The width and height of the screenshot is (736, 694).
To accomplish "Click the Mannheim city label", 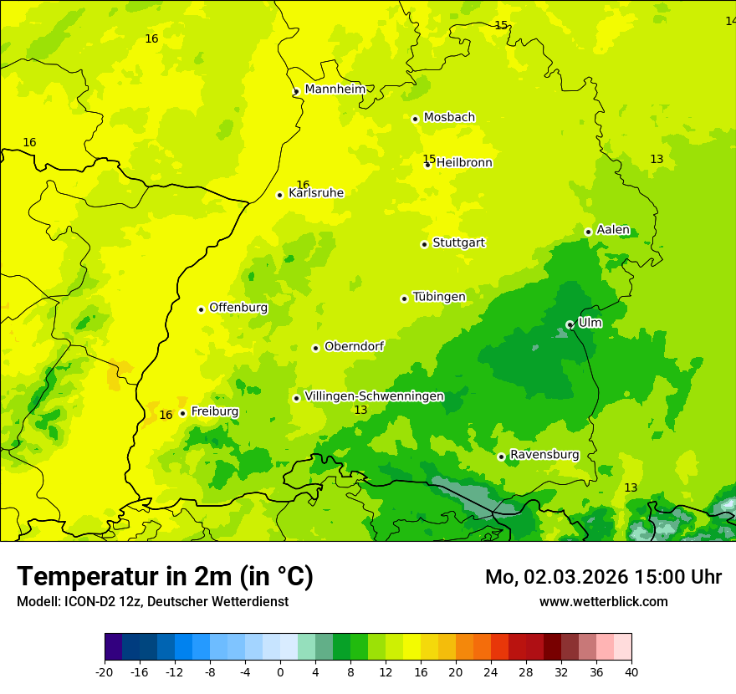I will [335, 89].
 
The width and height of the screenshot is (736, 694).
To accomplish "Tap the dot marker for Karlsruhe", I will [280, 195].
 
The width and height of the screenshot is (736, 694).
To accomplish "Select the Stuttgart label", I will [458, 242].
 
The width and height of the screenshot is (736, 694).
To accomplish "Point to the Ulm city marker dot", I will [570, 324].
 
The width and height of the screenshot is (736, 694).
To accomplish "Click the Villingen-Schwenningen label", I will [374, 396].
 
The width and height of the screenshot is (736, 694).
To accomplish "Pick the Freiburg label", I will [214, 411].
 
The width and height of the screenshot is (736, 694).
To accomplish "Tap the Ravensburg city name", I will [544, 455].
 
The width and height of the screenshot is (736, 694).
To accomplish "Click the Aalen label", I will [612, 230].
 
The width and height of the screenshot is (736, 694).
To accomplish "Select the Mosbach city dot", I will [415, 119].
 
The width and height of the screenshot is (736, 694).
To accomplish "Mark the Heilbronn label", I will [464, 163].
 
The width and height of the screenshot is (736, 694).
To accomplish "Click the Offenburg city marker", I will [201, 309].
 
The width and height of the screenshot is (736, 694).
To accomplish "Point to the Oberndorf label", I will [354, 346].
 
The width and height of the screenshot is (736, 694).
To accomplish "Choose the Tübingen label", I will [438, 297].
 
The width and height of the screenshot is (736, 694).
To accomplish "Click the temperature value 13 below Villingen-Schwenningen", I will [360, 410].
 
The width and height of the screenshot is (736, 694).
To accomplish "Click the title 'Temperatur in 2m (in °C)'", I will [165, 576].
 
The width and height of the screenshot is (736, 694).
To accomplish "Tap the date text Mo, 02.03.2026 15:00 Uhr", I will [603, 577].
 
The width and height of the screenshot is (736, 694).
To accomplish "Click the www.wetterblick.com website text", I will [603, 601].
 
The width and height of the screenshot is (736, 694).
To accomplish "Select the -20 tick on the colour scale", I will [105, 671].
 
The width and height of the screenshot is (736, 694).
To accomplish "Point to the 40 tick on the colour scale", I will [631, 671].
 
